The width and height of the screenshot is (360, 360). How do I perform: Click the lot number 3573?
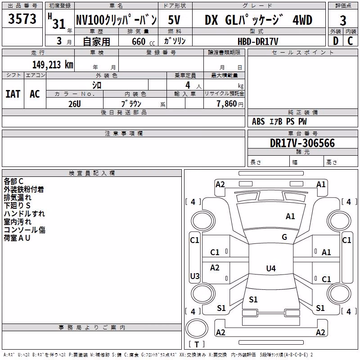[22, 19]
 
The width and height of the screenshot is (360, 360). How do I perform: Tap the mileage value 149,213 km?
[53, 65]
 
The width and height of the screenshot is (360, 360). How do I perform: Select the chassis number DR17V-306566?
[302, 143]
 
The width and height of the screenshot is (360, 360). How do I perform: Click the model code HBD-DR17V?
[258, 41]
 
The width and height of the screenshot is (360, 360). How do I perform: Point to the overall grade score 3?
[343, 21]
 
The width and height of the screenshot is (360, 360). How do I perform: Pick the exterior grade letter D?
[336, 41]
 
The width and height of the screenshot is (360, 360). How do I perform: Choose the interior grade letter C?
[350, 41]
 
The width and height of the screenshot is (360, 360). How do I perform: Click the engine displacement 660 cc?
[143, 41]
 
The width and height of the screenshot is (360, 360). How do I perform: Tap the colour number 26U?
[75, 104]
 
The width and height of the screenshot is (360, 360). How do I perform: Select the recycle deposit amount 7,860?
[227, 104]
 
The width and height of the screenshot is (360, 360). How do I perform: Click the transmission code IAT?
[13, 94]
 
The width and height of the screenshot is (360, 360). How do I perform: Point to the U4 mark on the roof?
[271, 268]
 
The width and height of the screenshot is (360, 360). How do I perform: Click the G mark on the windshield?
[284, 237]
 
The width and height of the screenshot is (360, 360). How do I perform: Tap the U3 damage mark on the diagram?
[195, 276]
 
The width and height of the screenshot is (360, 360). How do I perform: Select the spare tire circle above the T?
[197, 329]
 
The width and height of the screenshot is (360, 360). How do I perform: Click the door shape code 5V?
[174, 20]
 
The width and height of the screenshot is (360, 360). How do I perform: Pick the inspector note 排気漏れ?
[18, 198]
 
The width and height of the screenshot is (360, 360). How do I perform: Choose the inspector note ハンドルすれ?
[24, 214]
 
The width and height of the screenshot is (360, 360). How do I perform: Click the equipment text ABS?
[258, 121]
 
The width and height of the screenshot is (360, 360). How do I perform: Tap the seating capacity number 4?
[188, 85]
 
